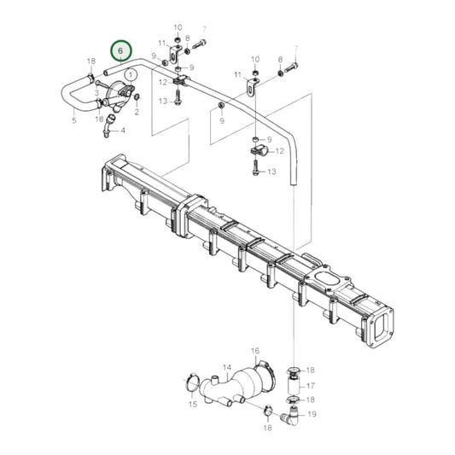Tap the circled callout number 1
tap(130, 75)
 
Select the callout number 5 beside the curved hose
tap(74, 120)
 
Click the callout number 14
tap(227, 367)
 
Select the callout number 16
tap(254, 351)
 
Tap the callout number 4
tap(122, 131)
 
